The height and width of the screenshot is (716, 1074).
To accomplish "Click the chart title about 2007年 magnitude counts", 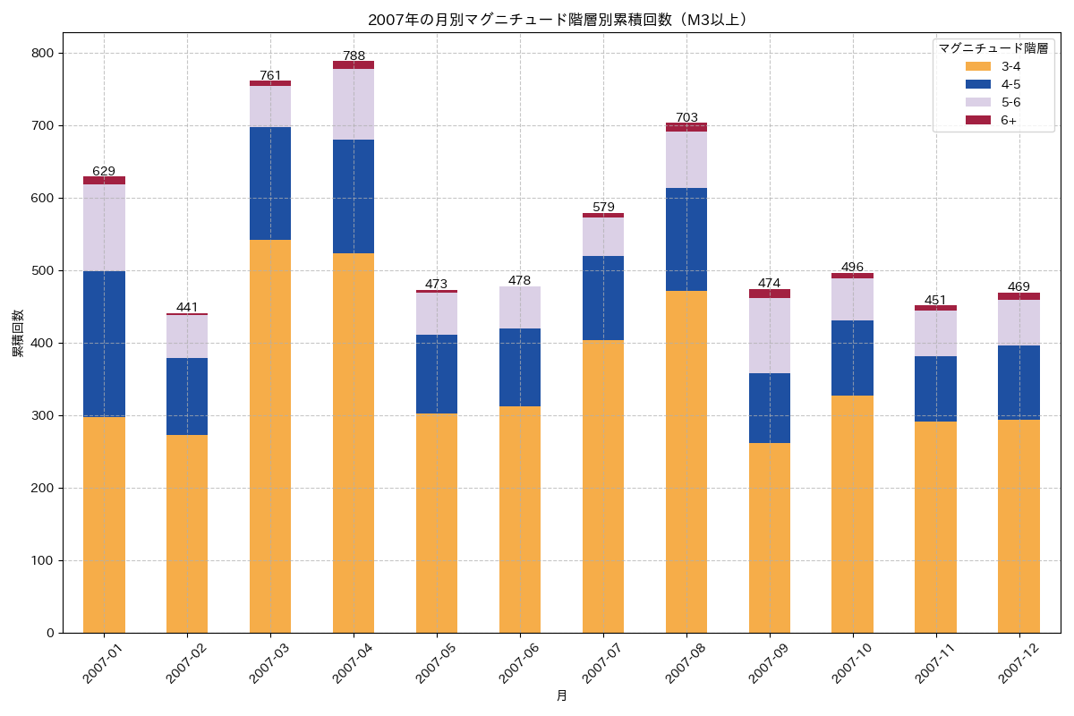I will point(561,20).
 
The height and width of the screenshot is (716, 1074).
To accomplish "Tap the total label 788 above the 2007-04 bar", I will point(354,55).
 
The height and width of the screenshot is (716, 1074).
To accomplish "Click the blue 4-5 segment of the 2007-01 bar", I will point(104,344).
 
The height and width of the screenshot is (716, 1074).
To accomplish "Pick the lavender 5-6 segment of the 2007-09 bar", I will point(770,336).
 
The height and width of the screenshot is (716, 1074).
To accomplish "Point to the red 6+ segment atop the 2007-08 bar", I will point(686,127).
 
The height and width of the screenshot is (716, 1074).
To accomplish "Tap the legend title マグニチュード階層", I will point(993,48).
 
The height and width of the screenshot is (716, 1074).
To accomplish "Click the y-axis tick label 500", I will point(43,270).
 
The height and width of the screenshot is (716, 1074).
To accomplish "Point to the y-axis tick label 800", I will point(43,54).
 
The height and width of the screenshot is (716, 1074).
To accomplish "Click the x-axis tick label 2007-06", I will point(519,663).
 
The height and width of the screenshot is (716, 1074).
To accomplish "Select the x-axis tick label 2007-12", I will point(1019,663).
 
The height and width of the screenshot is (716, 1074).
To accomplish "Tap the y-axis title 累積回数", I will point(18,334).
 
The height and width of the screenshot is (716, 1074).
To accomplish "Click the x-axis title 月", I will point(561,695).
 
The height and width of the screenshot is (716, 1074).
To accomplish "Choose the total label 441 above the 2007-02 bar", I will point(187,307).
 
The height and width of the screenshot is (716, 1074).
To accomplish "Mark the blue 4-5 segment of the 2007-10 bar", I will point(853,358).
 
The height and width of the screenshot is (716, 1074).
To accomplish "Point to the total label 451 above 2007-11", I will point(936,300).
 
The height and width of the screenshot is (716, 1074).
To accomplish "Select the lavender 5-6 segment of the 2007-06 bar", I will point(520,308).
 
